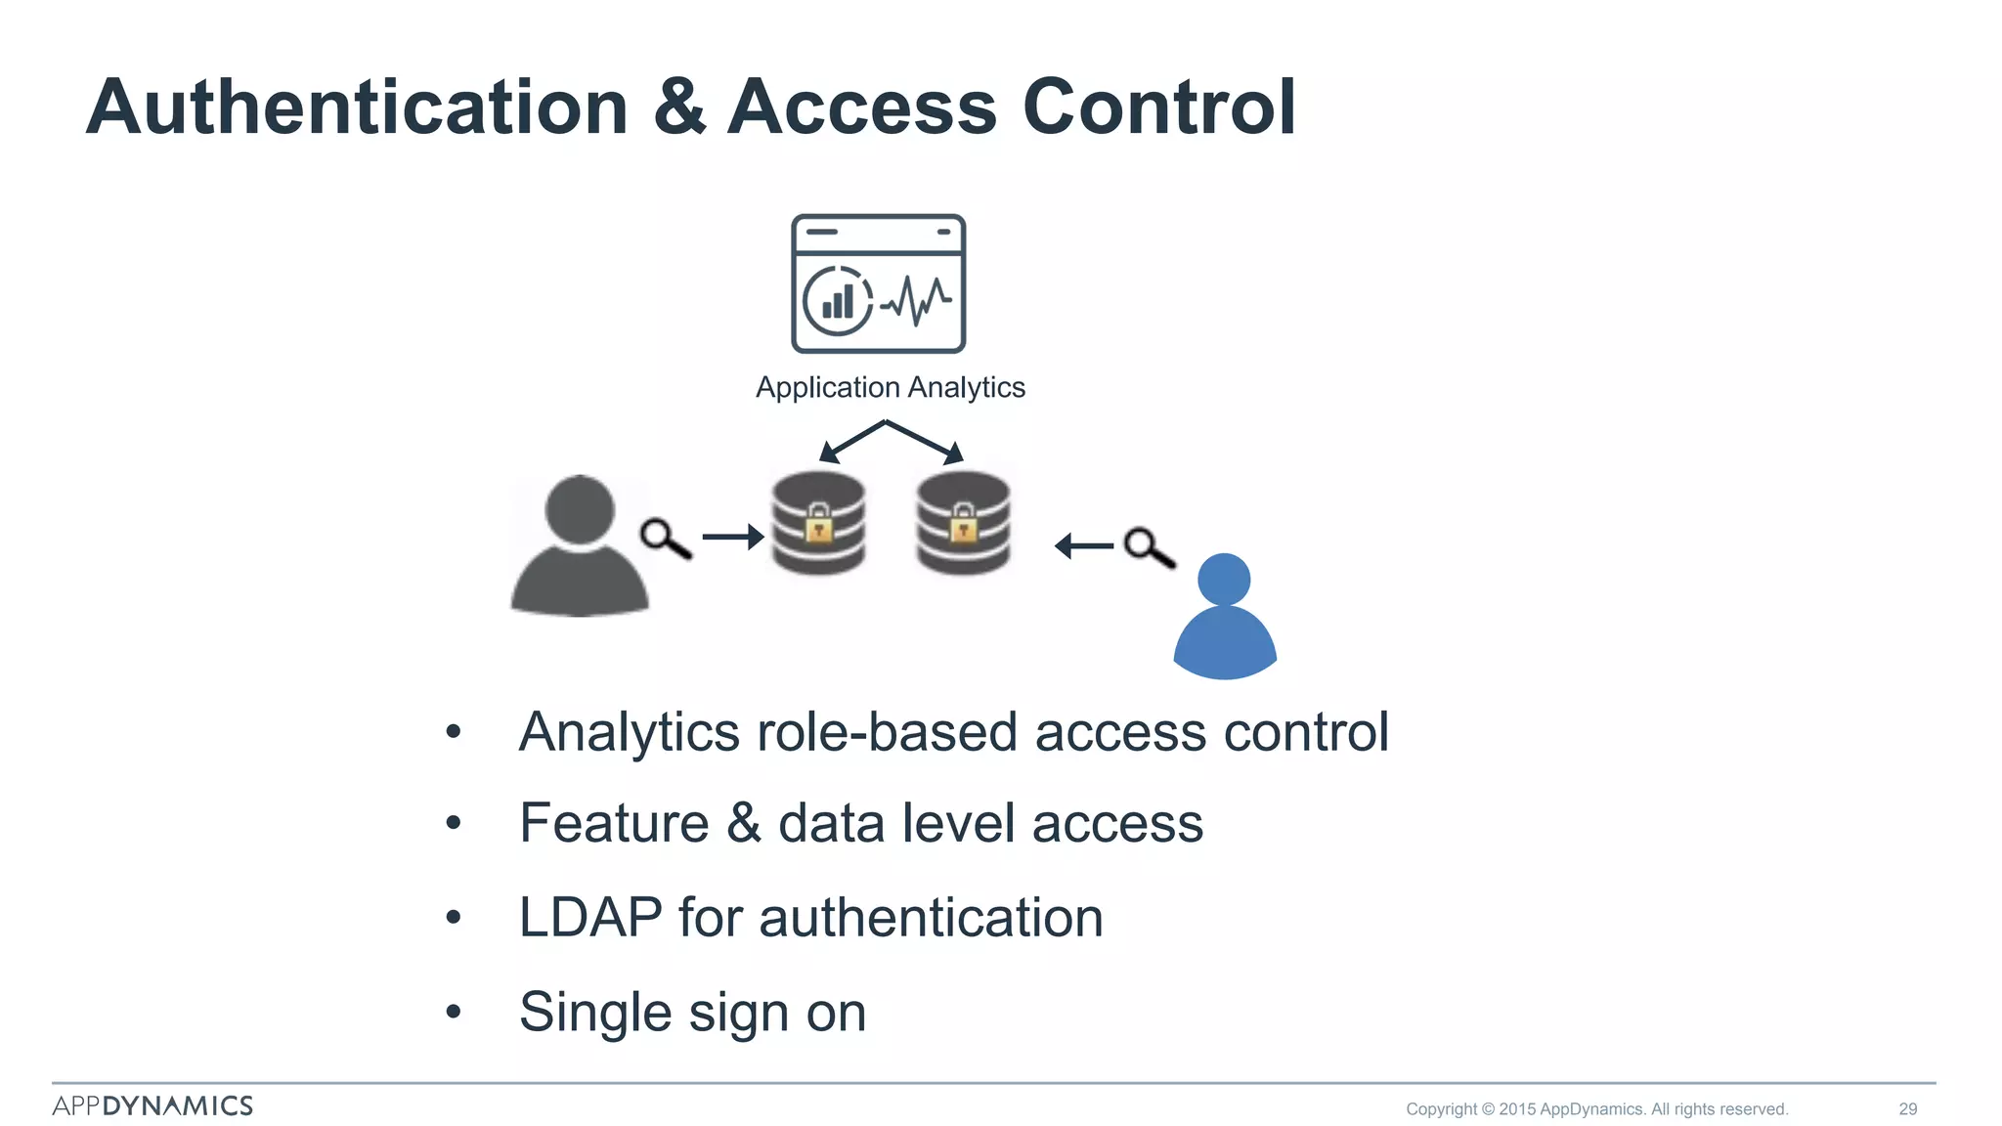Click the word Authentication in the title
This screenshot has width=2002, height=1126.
[357, 108]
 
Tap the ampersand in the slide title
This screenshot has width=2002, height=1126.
[678, 108]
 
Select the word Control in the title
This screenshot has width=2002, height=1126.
[1158, 108]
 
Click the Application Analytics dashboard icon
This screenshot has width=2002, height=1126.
[878, 283]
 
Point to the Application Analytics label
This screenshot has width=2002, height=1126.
[890, 388]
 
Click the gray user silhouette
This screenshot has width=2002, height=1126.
[580, 547]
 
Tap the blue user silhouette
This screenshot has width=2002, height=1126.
[1224, 618]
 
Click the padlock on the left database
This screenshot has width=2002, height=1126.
[819, 525]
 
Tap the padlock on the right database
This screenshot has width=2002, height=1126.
[963, 525]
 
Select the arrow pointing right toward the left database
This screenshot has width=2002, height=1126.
[732, 537]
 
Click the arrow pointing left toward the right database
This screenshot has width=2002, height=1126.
[1084, 545]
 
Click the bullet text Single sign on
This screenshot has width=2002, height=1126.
[692, 1013]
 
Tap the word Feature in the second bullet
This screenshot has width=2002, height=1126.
[614, 823]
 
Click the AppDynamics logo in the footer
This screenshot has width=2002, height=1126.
[152, 1105]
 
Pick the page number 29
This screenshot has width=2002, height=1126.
[1907, 1108]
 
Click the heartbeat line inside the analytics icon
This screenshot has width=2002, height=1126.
[916, 299]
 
